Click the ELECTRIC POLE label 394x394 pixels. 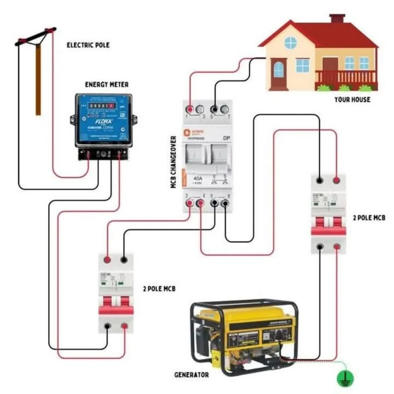(88, 45)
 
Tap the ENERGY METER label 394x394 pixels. (107, 85)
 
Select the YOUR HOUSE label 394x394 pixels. (352, 99)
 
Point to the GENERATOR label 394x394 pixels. (191, 374)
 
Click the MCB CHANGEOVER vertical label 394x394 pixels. (173, 162)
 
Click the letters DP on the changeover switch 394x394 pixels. (227, 138)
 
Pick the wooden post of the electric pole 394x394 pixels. (38, 79)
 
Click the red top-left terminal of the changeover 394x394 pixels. (190, 109)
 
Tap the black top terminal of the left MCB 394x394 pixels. (124, 260)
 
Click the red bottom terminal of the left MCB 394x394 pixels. (125, 326)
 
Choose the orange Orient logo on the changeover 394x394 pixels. (188, 133)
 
